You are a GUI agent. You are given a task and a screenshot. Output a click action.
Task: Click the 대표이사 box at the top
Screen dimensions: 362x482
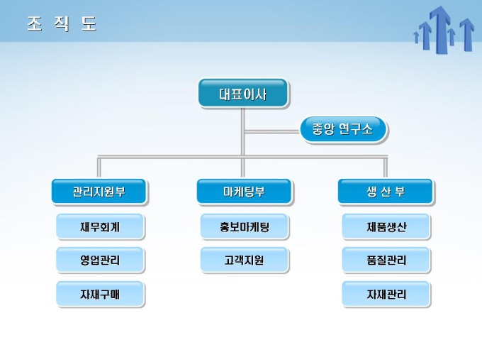242,94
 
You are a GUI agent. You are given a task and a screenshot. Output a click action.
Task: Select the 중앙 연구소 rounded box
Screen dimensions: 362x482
343,129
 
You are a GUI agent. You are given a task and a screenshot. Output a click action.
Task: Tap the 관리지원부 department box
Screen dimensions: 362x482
99,192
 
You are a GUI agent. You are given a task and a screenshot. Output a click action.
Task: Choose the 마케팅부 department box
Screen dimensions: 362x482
243,192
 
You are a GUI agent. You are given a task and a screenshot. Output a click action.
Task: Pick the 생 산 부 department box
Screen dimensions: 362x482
386,192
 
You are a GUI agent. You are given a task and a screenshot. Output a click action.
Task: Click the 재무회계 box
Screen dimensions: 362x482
100,227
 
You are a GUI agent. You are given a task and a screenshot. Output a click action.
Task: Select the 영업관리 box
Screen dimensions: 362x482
100,260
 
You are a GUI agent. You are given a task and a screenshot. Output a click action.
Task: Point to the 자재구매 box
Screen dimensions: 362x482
100,294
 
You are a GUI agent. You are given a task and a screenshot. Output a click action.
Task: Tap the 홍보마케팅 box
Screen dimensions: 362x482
244,227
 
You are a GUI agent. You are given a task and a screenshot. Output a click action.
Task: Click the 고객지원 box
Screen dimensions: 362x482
244,260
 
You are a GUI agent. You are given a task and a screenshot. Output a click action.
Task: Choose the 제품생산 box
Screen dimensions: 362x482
386,227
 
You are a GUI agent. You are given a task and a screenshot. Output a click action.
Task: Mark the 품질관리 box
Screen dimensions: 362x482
386,260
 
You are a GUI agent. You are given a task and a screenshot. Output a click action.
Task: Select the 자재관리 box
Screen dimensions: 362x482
386,294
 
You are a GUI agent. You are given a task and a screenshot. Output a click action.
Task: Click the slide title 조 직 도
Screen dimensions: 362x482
62,23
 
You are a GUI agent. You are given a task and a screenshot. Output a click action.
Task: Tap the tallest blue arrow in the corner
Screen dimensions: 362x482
440,28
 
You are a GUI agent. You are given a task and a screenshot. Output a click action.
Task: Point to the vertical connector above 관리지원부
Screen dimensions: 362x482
99,168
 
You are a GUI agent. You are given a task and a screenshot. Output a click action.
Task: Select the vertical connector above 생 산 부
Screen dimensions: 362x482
386,168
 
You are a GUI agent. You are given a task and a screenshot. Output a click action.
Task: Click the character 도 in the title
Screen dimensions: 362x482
89,23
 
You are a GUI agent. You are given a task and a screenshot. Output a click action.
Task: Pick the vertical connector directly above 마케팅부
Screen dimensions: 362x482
243,168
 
